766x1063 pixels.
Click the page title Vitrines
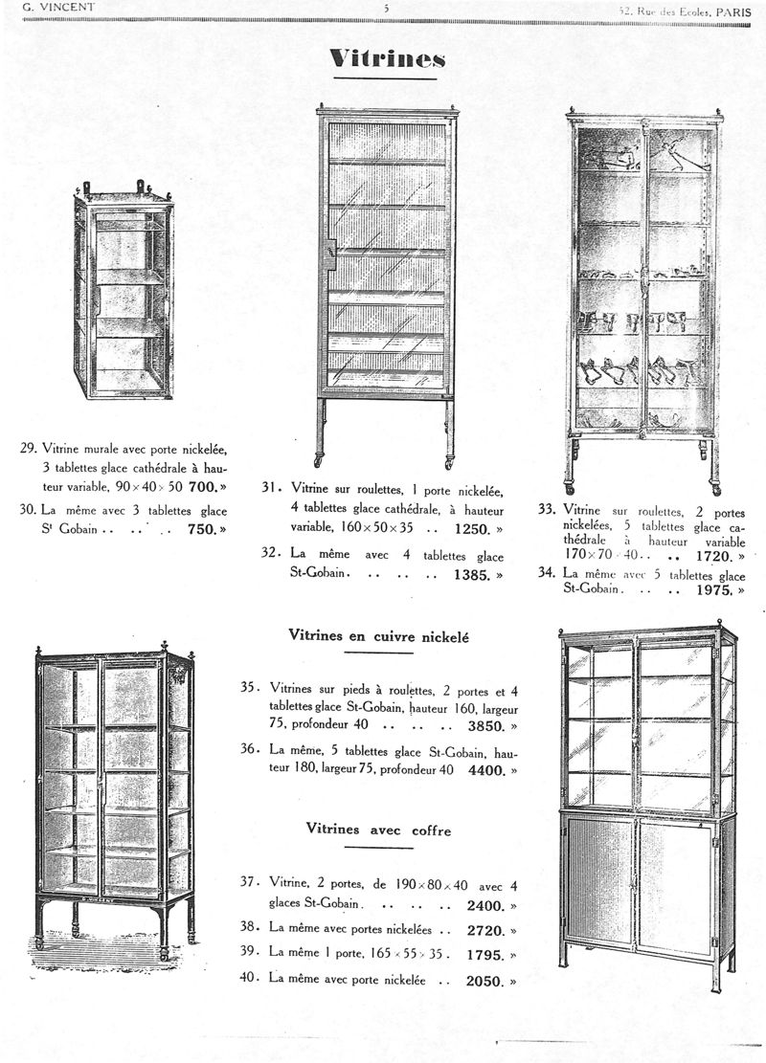coord(387,59)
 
